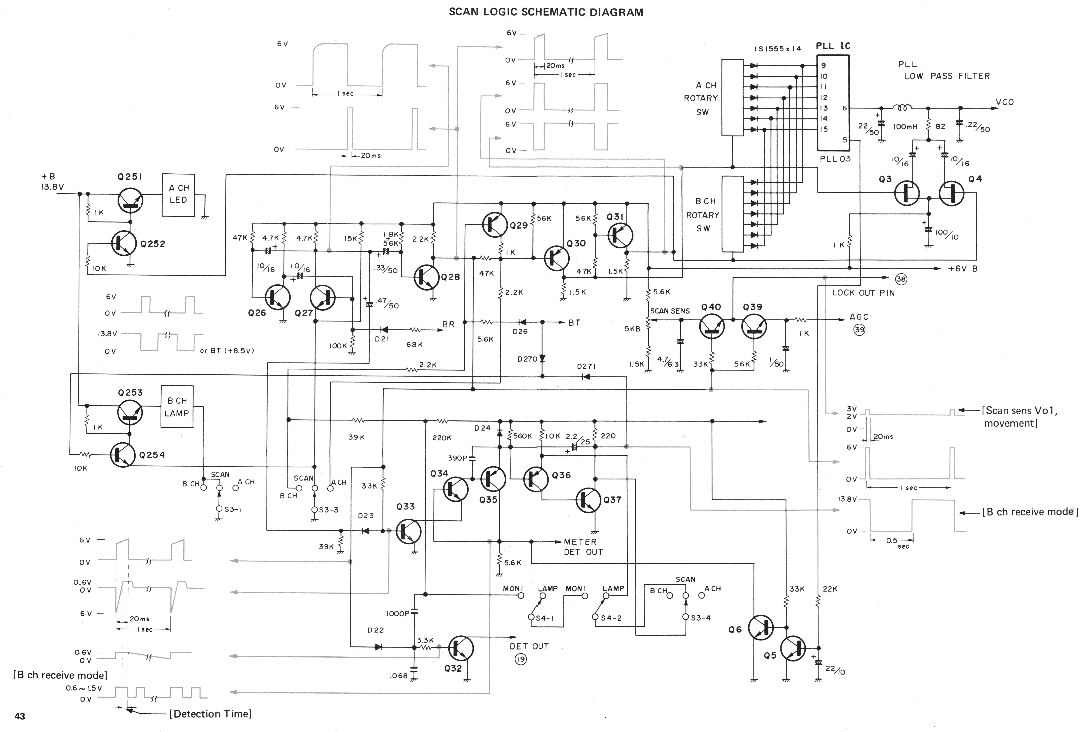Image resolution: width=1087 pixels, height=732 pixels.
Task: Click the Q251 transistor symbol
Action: pos(130,201)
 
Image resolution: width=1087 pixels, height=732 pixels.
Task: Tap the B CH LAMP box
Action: pos(177,407)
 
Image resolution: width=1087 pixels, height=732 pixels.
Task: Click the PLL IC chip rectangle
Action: pos(833,103)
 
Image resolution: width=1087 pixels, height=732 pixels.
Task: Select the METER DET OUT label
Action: pos(583,547)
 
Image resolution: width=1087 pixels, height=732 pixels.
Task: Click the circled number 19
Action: pos(520,659)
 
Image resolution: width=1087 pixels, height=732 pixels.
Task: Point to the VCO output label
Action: pos(1005,102)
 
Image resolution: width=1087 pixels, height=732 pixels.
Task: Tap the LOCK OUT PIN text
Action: pos(863,293)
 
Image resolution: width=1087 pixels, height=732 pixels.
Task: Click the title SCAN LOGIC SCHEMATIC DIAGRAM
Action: pos(546,12)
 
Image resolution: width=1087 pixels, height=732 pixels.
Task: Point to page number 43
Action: pos(20,716)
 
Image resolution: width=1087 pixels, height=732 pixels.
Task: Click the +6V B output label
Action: pos(963,269)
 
